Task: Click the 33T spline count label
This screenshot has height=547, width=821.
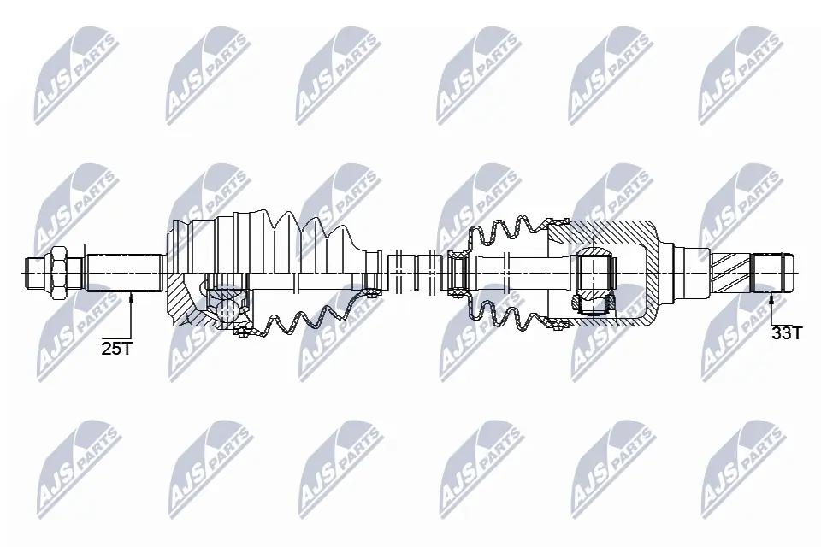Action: pos(787,333)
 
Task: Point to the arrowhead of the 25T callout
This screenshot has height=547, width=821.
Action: pos(131,295)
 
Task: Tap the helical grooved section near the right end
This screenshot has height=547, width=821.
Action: pos(729,272)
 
